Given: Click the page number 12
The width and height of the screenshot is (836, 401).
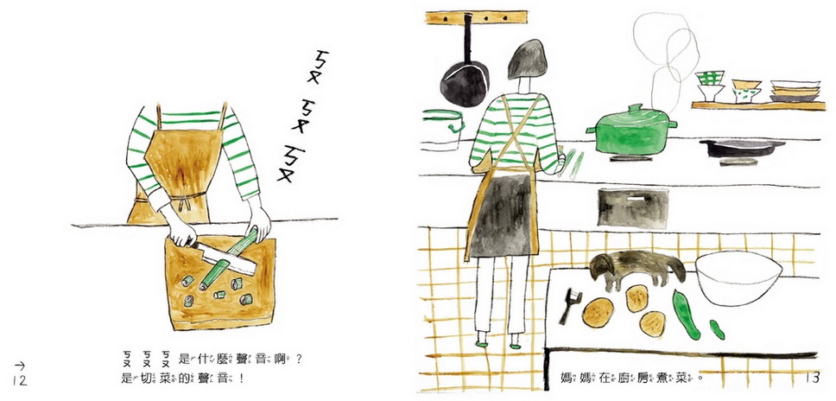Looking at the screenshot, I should point(18,381).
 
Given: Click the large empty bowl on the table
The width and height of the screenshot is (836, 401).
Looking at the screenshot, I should point(738,277).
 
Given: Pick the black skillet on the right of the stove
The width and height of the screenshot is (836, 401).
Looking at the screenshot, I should point(741,147).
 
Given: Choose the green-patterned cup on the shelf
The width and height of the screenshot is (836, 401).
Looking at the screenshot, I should point(711,86).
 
